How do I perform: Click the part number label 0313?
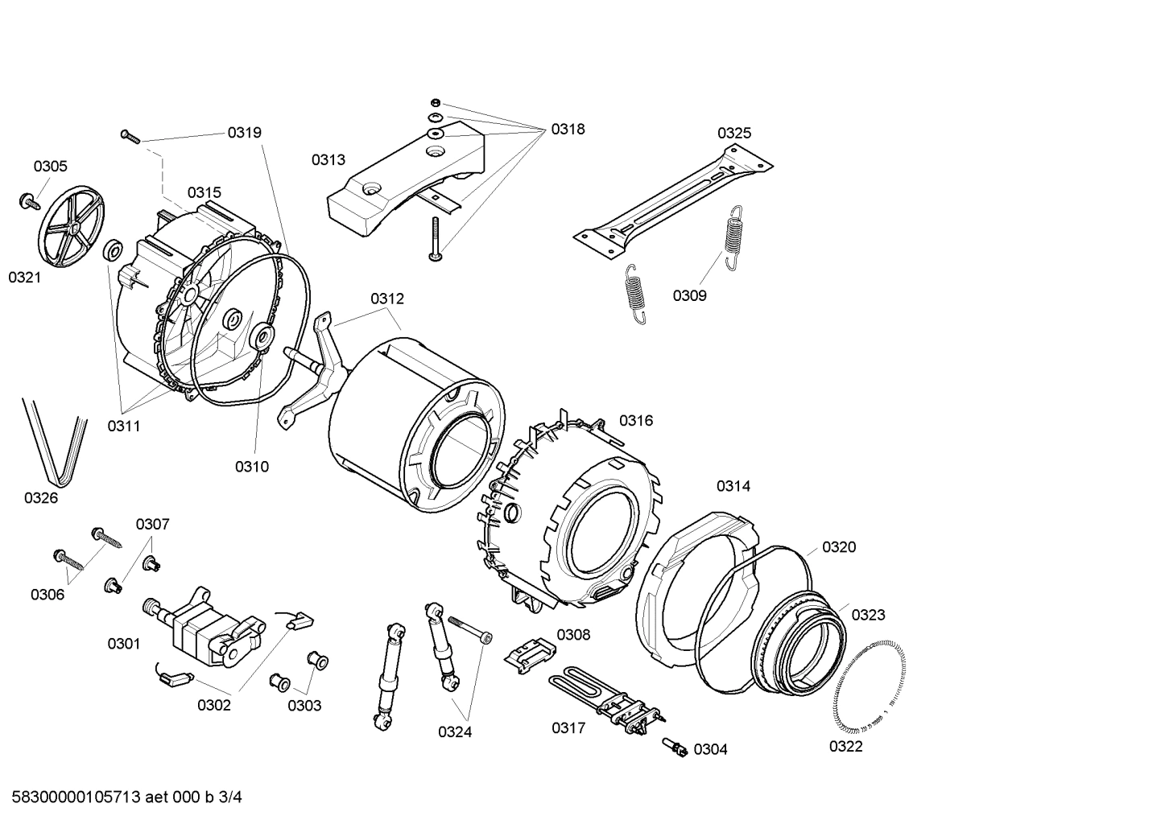coord(328,160)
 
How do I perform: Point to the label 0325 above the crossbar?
coord(733,133)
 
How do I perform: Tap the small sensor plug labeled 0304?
coord(675,747)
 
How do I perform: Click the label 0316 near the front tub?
coord(635,420)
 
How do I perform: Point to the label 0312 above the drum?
coord(387,299)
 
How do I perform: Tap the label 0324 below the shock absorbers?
coord(455,731)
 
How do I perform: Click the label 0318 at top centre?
coord(568,129)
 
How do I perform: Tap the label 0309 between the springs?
coord(689,295)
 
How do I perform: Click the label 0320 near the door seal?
coord(838,547)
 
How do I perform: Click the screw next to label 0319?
coord(130,137)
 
